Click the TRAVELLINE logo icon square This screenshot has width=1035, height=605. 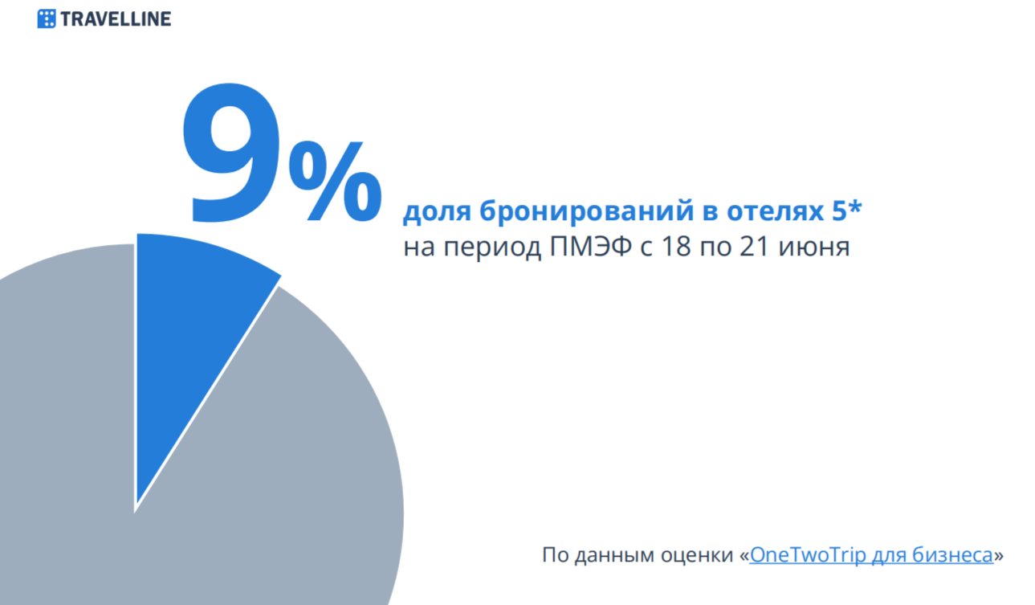coord(47,18)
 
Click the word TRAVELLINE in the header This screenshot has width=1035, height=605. coord(116,19)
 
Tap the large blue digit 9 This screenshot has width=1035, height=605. coord(231,153)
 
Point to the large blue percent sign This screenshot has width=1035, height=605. coord(336,181)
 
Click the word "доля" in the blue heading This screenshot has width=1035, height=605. coord(437,212)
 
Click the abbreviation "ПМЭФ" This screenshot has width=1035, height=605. coord(590,247)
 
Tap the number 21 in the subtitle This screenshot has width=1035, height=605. coord(754,247)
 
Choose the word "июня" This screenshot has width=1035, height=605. coord(814,247)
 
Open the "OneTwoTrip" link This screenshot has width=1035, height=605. coord(807,555)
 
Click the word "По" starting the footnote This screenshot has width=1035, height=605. coord(556,555)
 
